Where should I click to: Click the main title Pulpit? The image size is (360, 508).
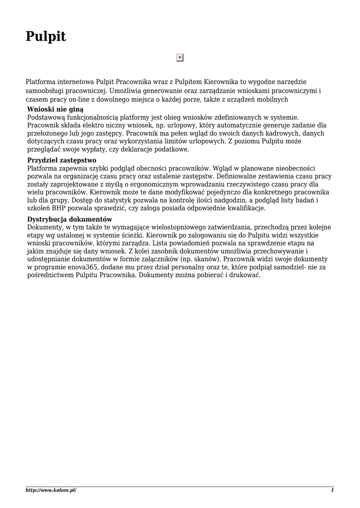pyautogui.click(x=46, y=36)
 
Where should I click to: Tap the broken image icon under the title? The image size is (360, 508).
pyautogui.click(x=180, y=58)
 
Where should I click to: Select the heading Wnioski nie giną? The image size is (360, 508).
pyautogui.click(x=55, y=109)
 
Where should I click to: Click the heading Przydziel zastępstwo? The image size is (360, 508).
pyautogui.click(x=62, y=161)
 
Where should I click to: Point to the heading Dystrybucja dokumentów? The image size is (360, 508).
pyautogui.click(x=70, y=219)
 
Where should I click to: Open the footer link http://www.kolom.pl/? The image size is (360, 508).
pyautogui.click(x=51, y=490)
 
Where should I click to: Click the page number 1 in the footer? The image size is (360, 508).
pyautogui.click(x=332, y=490)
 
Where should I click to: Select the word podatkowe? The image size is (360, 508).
pyautogui.click(x=171, y=149)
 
